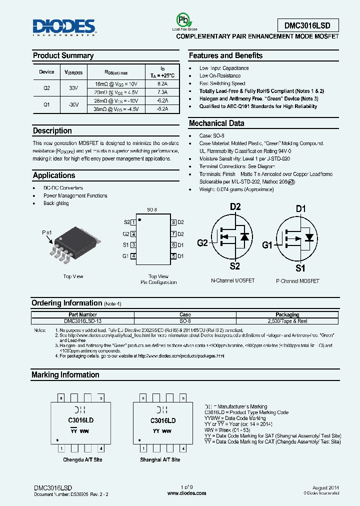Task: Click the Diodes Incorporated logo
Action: pyautogui.click(x=63, y=27)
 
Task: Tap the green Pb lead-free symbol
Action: pyautogui.click(x=182, y=20)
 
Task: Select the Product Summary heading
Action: pyautogui.click(x=63, y=55)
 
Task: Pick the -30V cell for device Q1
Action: pyautogui.click(x=73, y=104)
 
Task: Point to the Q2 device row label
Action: pyautogui.click(x=46, y=88)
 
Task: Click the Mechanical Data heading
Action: pyautogui.click(x=216, y=123)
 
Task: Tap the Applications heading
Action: pyautogui.click(x=54, y=175)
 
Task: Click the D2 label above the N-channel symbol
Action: pyautogui.click(x=235, y=206)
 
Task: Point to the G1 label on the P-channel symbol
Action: pyautogui.click(x=267, y=245)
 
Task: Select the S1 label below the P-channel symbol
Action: pyautogui.click(x=300, y=268)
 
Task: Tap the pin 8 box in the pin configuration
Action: pyautogui.click(x=173, y=222)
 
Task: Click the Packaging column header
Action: pyautogui.click(x=287, y=315)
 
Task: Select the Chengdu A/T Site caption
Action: pyautogui.click(x=82, y=459)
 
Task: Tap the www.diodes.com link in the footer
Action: pyautogui.click(x=186, y=493)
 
